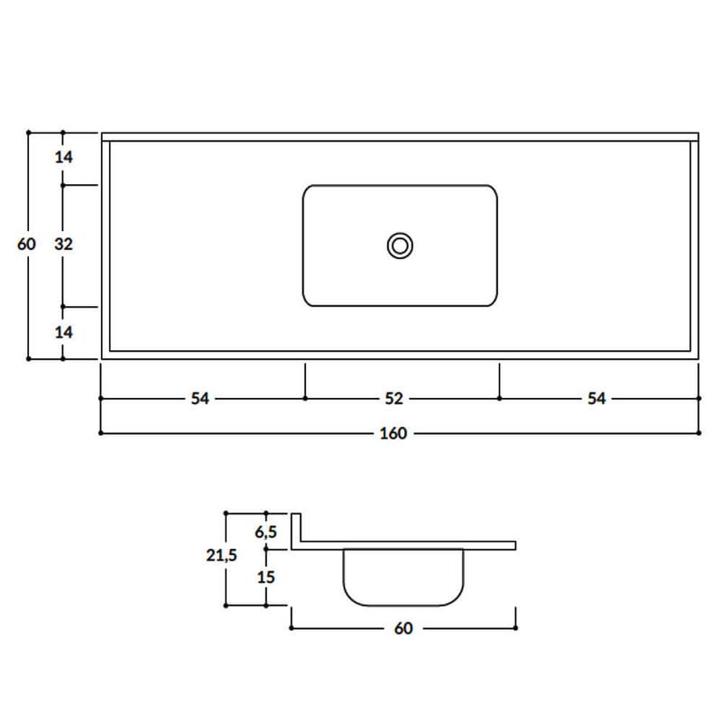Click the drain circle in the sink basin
point(400,245)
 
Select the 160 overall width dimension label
point(393,433)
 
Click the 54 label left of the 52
point(200,398)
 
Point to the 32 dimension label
point(63,244)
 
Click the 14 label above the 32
point(63,157)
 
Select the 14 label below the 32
point(63,332)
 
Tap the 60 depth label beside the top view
point(27,244)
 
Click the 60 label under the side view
point(403,628)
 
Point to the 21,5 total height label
point(221,557)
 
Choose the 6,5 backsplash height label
point(267,529)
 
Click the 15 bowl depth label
point(267,576)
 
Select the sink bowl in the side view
point(403,578)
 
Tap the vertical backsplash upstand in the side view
point(295,528)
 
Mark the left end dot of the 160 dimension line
point(100,433)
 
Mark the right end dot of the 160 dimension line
point(699,433)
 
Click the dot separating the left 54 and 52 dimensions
point(305,398)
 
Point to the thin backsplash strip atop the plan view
point(400,137)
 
